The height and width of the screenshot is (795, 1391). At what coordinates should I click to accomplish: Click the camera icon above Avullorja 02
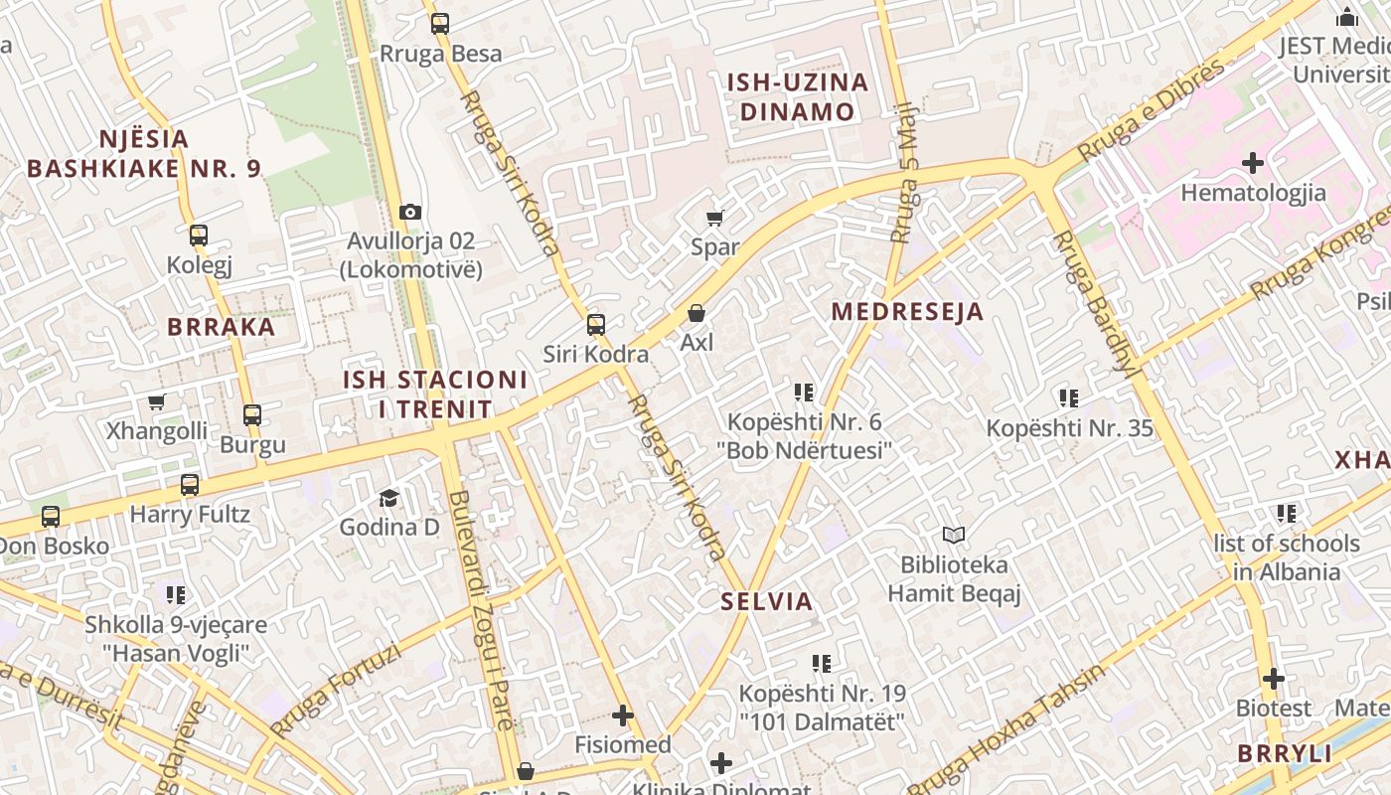pos(409,212)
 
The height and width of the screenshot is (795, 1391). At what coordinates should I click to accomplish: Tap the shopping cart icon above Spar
pos(714,218)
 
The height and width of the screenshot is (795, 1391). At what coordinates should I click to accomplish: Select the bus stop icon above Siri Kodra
pos(596,324)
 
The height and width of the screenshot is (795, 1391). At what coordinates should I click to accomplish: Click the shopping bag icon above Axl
pos(696,313)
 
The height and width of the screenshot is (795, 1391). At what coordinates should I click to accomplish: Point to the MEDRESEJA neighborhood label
pos(907,311)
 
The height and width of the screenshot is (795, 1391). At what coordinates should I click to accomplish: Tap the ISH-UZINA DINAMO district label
pos(797,96)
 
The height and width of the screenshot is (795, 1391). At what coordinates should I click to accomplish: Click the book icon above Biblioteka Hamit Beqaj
pos(954,536)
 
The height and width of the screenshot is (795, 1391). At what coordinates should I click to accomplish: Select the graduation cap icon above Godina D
pos(388,498)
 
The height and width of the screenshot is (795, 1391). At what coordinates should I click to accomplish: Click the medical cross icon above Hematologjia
pos(1253,162)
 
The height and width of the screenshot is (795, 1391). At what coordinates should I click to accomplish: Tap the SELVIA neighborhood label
pos(767,601)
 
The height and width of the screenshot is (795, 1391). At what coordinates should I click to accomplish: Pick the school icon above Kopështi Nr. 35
pos(1069,399)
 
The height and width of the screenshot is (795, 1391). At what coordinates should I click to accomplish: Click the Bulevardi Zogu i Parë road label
pos(481,610)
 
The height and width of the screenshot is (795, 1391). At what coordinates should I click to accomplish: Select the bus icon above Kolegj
pos(199,236)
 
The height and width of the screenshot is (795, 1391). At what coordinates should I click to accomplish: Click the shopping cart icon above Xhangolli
pos(156,402)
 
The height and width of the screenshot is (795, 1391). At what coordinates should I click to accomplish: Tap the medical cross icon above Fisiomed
pos(623,715)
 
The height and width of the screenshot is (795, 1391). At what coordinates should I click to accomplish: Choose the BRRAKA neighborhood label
pos(221,327)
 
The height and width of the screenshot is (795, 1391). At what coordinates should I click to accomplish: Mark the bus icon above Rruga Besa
pos(439,24)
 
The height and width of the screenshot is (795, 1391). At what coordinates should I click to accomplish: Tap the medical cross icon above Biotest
pos(1274,679)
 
